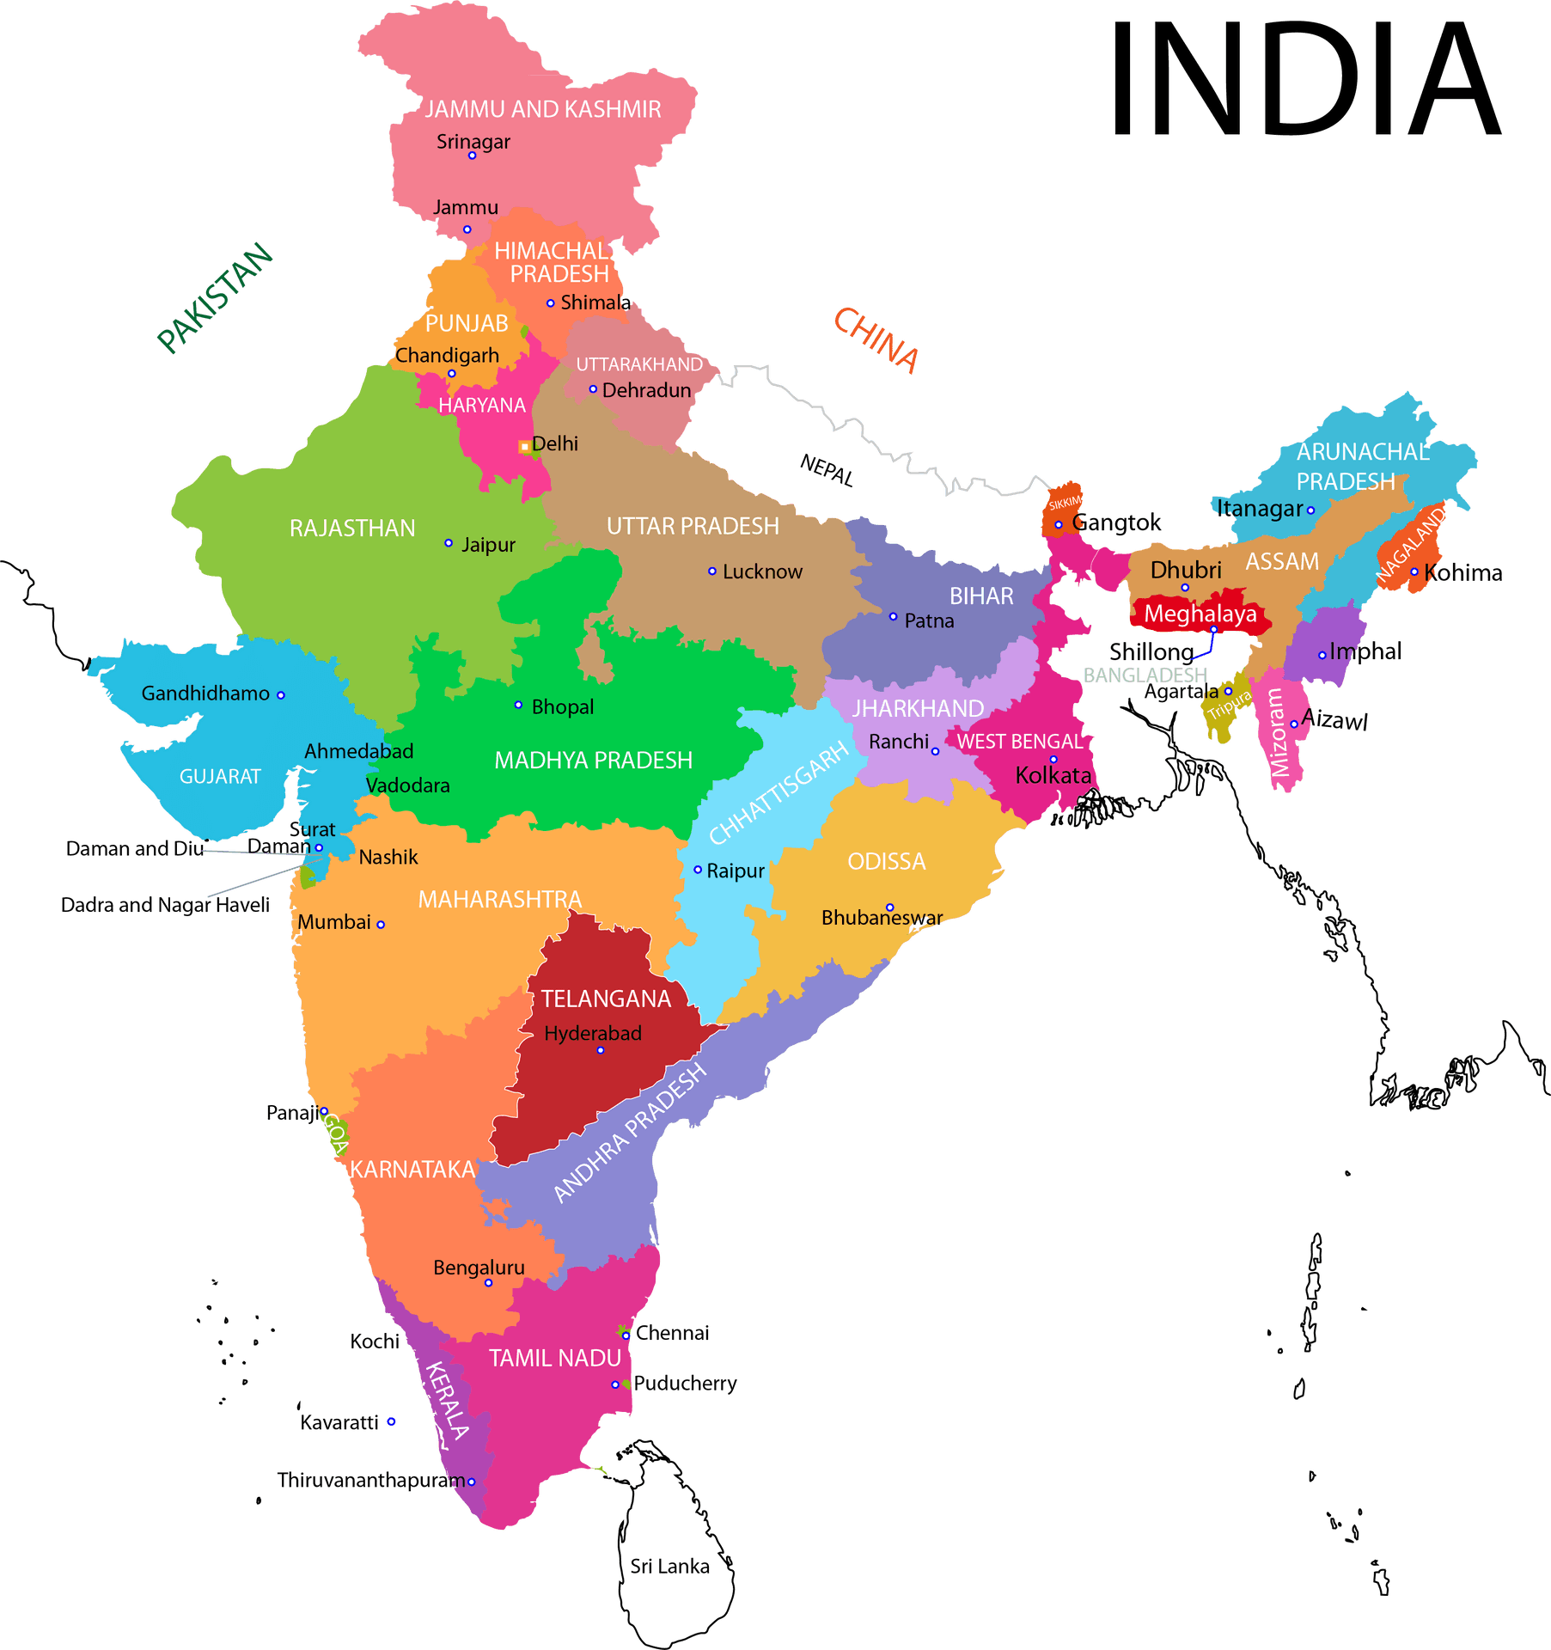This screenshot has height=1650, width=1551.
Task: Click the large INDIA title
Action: pyautogui.click(x=1304, y=79)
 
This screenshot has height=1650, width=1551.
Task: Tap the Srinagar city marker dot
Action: pyautogui.click(x=472, y=156)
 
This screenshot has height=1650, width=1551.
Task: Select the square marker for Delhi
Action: pyautogui.click(x=524, y=447)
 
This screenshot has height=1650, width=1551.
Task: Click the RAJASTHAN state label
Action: pyautogui.click(x=352, y=528)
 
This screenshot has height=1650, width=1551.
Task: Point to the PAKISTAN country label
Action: pyautogui.click(x=215, y=297)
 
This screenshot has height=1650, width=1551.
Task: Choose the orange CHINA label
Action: pyautogui.click(x=876, y=339)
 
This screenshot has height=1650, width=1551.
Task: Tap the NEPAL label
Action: pyautogui.click(x=827, y=470)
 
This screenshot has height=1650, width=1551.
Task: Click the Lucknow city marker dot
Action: pyautogui.click(x=711, y=571)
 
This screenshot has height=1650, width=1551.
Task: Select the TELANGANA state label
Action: pyautogui.click(x=606, y=999)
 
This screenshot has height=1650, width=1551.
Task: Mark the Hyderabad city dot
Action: pyautogui.click(x=601, y=1050)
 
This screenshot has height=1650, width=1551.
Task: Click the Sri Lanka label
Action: pyautogui.click(x=669, y=1567)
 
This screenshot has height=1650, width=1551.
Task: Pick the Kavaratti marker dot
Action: pyautogui.click(x=391, y=1421)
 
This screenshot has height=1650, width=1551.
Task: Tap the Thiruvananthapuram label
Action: pyautogui.click(x=370, y=1481)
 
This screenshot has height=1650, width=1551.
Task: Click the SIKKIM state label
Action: pyautogui.click(x=1065, y=503)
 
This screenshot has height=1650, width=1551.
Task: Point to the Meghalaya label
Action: pyautogui.click(x=1200, y=614)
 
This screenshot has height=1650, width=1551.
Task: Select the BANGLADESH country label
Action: pyautogui.click(x=1145, y=675)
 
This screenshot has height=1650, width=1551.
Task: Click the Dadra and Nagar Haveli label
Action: pyautogui.click(x=165, y=905)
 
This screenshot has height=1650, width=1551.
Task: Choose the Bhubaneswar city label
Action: pyautogui.click(x=882, y=918)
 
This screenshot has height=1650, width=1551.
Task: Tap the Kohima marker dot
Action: pyautogui.click(x=1414, y=572)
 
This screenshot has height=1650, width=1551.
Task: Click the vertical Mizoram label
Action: pyautogui.click(x=1279, y=733)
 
